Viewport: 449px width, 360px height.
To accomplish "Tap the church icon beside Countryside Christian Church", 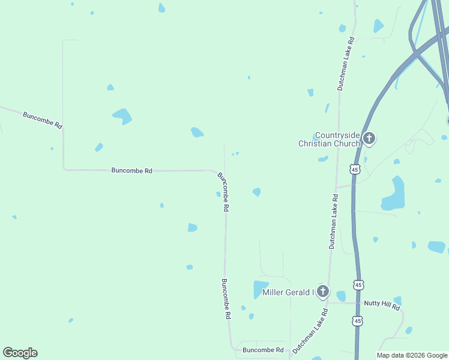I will [x=369, y=139].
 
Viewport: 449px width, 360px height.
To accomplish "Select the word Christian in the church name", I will [x=316, y=143].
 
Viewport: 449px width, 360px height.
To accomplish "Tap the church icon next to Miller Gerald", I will [x=323, y=292].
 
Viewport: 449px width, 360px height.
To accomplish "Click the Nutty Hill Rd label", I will [x=382, y=304].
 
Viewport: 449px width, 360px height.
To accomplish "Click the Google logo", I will [x=20, y=353].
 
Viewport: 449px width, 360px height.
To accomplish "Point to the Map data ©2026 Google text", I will [x=412, y=355].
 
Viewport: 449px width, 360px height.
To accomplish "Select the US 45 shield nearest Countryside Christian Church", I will [x=355, y=170].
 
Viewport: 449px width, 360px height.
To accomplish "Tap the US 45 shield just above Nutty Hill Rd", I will [x=358, y=284].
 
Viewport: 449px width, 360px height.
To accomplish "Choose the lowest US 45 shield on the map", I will [x=358, y=321].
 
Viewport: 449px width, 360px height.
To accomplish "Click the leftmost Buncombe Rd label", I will [x=42, y=120].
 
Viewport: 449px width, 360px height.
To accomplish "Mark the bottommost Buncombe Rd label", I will [x=263, y=350].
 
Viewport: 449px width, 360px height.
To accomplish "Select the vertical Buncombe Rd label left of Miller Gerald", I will [x=226, y=298].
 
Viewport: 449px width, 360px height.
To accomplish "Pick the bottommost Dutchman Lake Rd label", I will [x=310, y=331].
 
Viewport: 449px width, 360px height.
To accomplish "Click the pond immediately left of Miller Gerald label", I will [x=259, y=289].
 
